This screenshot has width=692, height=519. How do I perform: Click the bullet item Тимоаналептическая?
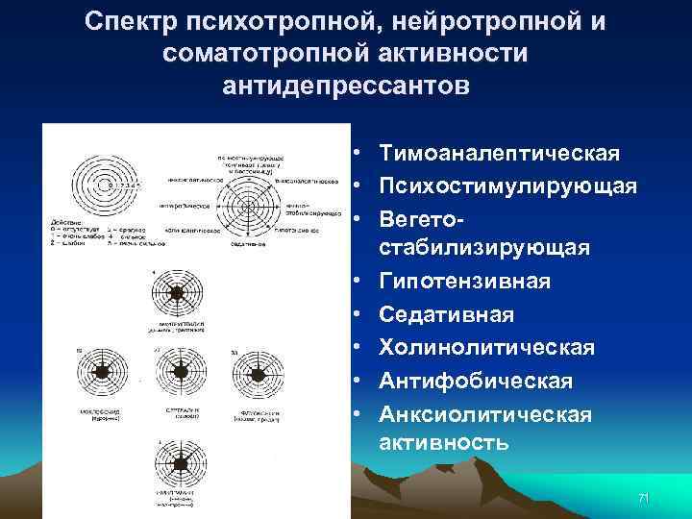coord(499,154)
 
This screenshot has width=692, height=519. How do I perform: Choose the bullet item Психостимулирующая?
coord(507,185)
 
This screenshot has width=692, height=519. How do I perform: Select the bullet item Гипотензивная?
coord(464,281)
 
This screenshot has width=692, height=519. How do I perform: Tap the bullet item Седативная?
coord(447,314)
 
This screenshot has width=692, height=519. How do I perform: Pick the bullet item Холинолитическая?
coord(487,347)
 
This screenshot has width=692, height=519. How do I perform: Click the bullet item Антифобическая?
coord(476,381)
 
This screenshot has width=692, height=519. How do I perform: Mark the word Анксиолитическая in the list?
coord(485,413)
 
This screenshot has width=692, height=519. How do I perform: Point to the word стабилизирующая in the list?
coord(484,248)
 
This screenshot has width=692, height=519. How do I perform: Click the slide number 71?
coord(644,498)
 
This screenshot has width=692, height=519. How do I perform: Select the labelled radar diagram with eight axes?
coord(249,205)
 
